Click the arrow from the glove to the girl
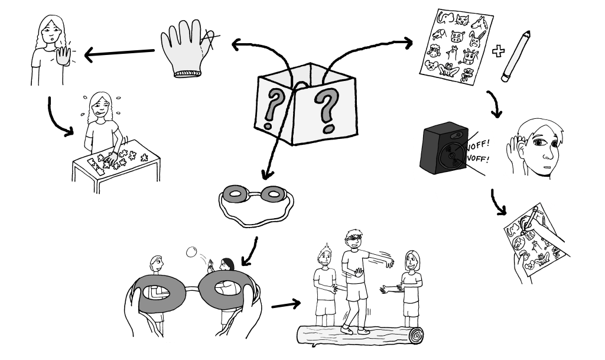121,54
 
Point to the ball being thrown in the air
191,252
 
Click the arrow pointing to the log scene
284,306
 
